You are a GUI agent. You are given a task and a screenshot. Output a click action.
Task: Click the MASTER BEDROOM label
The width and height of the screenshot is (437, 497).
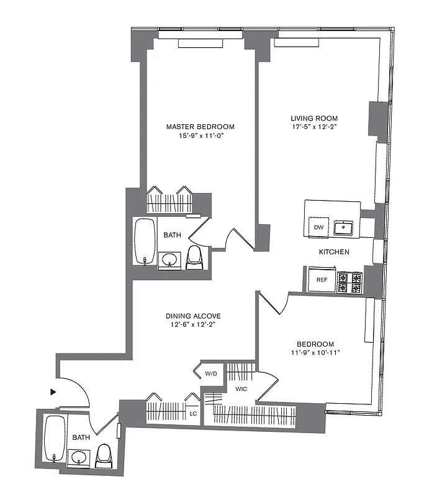point(200,127)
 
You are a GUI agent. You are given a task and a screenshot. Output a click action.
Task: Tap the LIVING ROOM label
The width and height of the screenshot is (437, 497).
point(314,118)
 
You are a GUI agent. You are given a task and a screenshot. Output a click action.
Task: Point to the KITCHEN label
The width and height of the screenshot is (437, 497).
point(334,252)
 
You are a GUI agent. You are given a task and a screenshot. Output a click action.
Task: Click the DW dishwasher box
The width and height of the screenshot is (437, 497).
point(318,227)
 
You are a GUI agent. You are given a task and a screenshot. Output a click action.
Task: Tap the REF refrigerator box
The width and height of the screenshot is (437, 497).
point(322,280)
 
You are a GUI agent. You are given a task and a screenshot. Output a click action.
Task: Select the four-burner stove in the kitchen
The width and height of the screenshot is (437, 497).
point(349,282)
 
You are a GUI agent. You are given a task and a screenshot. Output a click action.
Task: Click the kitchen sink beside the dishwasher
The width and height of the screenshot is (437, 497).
point(343,228)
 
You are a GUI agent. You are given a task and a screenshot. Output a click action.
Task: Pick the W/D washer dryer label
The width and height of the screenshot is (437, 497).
point(210,374)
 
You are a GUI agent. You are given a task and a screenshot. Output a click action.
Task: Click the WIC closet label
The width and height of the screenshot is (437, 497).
point(241,390)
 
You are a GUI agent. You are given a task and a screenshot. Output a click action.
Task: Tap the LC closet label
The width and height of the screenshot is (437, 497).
point(193,414)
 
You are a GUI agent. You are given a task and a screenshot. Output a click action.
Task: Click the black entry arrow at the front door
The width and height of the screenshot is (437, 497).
point(54,392)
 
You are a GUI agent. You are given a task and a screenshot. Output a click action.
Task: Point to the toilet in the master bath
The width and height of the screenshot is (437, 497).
point(194,257)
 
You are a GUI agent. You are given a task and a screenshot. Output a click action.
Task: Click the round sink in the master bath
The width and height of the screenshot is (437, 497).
point(169,259)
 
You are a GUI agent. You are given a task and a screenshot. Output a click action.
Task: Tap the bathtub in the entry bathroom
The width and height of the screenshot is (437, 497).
point(55,439)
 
